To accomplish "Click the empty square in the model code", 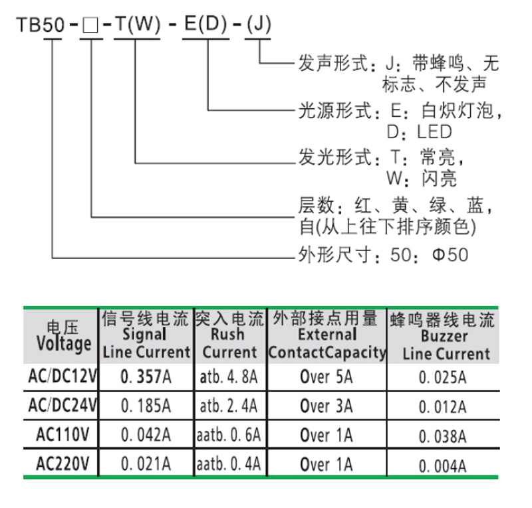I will [90, 26].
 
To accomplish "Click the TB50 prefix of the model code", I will [41, 26].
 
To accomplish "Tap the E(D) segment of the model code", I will [207, 26].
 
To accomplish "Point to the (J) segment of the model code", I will [257, 26].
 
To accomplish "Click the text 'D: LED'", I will [419, 131].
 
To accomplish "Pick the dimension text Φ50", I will [450, 254].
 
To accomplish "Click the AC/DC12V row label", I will [63, 378].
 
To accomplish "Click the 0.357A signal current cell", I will [146, 378].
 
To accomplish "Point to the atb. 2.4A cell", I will [228, 406].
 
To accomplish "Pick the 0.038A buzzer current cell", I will [443, 436].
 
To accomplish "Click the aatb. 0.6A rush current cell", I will [228, 436].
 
